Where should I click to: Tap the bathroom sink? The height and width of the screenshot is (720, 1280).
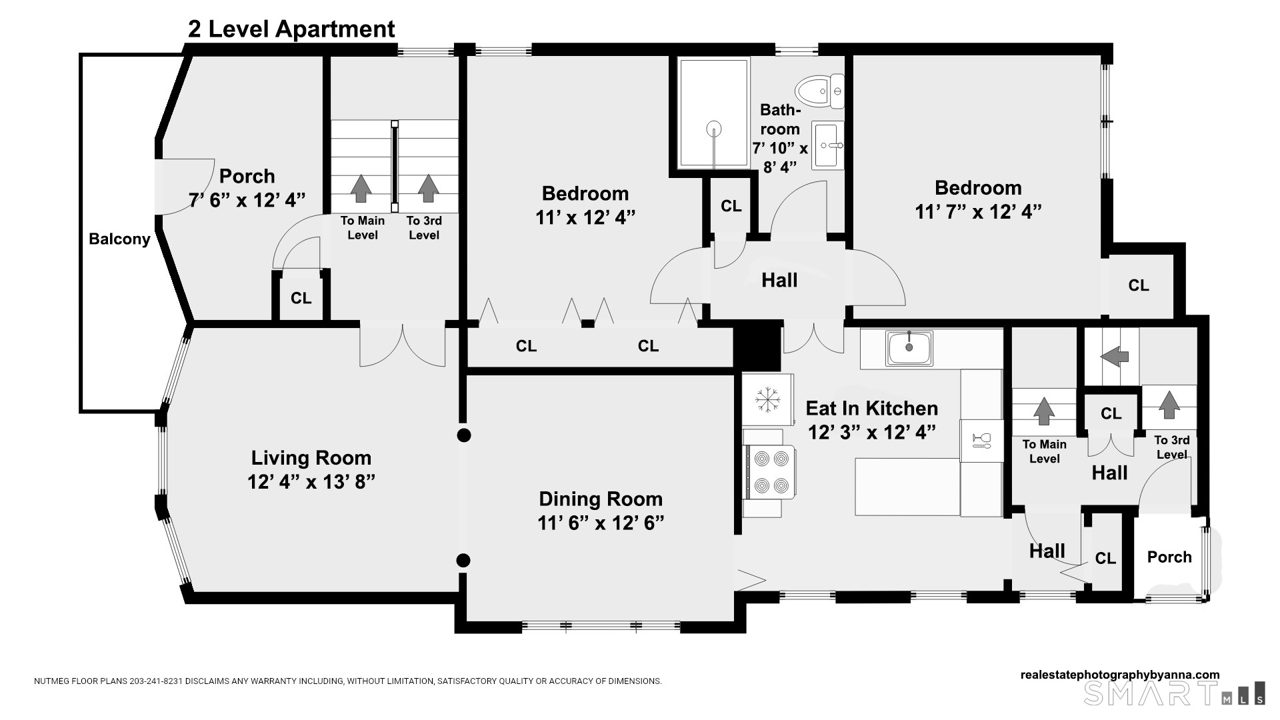(x=828, y=145)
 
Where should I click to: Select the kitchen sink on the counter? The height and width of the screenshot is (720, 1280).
(x=909, y=348)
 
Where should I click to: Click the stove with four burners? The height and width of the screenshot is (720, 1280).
(x=770, y=471)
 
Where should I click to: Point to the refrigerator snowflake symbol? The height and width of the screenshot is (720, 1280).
(x=768, y=400)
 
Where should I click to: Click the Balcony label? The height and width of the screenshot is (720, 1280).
(x=119, y=239)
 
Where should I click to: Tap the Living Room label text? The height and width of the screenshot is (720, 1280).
(x=311, y=457)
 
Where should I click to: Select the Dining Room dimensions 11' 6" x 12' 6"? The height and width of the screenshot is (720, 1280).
(x=601, y=523)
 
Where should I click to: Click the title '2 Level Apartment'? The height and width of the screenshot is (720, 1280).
(x=291, y=29)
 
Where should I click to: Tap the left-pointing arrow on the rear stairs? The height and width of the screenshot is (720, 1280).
(x=1114, y=356)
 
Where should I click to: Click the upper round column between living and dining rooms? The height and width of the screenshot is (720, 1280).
(x=464, y=435)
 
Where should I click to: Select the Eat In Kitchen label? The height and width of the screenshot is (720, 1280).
(x=872, y=408)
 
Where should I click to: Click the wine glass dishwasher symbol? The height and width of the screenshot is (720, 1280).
(x=981, y=440)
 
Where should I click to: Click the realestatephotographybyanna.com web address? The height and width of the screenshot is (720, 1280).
(x=1120, y=675)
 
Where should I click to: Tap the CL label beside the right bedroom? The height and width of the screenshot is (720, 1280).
(x=1139, y=285)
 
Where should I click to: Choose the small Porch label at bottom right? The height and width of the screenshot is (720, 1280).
(x=1169, y=557)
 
